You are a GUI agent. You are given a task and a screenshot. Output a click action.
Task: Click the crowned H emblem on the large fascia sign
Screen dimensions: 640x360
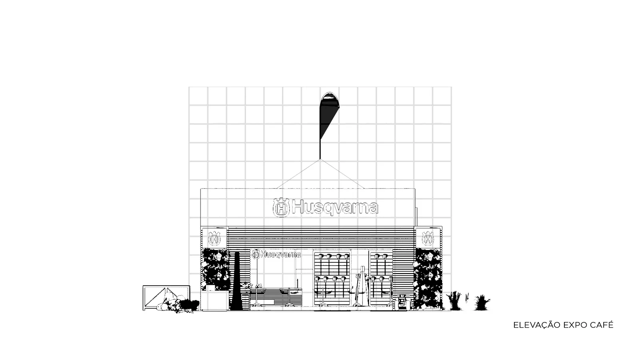tap(282, 208)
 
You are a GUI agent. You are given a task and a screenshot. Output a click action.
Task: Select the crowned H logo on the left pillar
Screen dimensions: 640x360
tap(214, 238)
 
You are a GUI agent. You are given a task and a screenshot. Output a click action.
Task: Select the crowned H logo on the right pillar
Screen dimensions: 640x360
tap(428, 238)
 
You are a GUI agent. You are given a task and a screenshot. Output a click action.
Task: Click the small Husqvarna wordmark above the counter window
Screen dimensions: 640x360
tap(276, 254)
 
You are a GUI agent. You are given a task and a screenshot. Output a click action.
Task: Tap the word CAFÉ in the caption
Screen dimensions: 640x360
tap(602, 325)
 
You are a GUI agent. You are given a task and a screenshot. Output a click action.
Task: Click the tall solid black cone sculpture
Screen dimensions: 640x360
tap(236, 283)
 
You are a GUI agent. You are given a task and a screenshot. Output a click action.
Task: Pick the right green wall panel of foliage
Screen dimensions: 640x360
tap(428, 278)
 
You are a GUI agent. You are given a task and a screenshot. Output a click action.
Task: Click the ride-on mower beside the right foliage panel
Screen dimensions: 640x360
tap(403, 302)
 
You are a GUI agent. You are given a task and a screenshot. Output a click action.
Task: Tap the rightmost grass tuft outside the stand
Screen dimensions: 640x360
tap(482, 303)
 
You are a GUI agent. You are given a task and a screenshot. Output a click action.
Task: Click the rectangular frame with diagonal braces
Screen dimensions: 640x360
tap(166, 298)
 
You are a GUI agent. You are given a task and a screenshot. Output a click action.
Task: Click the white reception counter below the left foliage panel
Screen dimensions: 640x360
tap(214, 300)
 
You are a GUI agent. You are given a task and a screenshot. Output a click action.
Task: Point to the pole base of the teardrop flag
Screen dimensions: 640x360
tap(320, 158)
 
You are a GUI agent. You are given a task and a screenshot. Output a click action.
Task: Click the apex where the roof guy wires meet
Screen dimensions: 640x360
tap(320, 160)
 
